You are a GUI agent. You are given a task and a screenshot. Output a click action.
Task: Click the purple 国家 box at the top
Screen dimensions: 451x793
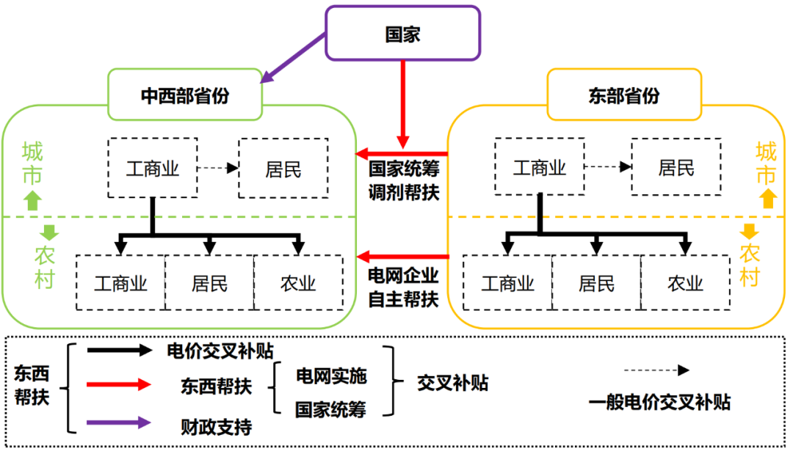pos(402,33)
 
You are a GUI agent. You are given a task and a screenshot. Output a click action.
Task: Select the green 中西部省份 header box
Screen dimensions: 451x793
pos(185,95)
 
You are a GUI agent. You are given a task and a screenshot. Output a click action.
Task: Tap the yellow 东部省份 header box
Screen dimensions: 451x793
pos(624,95)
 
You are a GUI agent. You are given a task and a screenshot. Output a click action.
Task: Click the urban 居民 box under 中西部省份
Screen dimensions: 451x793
pos(283,168)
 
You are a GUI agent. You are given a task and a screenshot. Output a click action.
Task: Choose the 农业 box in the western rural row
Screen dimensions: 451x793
pos(298,282)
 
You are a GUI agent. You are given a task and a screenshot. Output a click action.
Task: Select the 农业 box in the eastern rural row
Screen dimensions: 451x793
pos(685,282)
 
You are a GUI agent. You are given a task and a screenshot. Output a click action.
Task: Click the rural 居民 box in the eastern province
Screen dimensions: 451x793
pos(596,282)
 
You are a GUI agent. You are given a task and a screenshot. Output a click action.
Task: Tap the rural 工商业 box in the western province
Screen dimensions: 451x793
pos(120,282)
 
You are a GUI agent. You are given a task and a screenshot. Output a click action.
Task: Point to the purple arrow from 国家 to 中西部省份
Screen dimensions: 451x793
pos(294,57)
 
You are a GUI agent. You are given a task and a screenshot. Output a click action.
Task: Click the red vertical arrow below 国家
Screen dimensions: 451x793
pos(402,103)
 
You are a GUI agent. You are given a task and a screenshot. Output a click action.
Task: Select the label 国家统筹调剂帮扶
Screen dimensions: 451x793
pos(403,179)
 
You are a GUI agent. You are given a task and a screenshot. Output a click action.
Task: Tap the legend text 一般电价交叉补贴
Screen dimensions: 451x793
pos(659,402)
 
